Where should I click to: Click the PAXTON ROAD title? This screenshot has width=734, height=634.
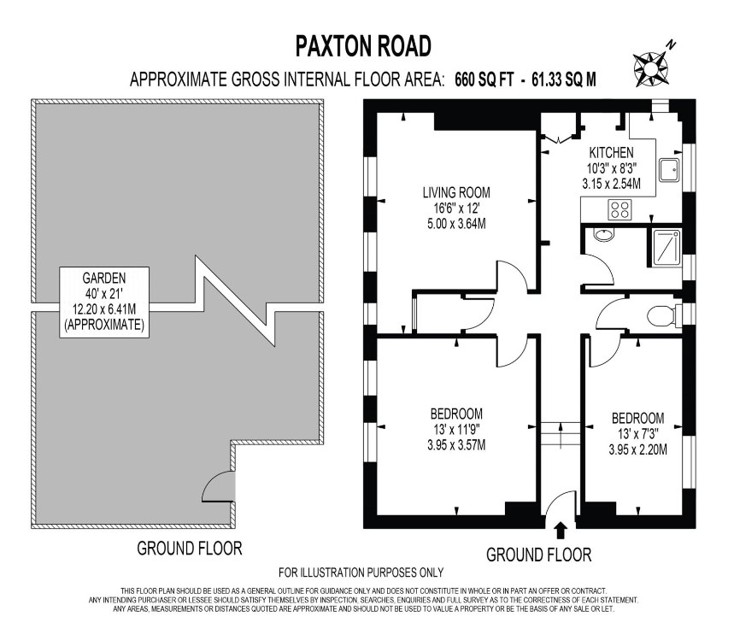363,44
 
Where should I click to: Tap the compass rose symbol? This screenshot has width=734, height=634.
651,65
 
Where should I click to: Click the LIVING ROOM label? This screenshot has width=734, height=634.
461,192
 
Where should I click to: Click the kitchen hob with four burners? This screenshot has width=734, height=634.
619,208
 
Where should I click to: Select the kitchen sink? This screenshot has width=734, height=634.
673,169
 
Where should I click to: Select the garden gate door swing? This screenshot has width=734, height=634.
218,488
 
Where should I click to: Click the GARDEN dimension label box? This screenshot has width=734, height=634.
104,302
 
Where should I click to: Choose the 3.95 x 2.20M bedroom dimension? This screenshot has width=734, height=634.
637,449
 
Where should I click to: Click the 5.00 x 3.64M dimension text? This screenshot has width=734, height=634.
461,224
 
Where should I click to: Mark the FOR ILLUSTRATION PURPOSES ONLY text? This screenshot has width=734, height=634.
361,572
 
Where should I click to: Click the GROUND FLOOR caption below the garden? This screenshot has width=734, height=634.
190,548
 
